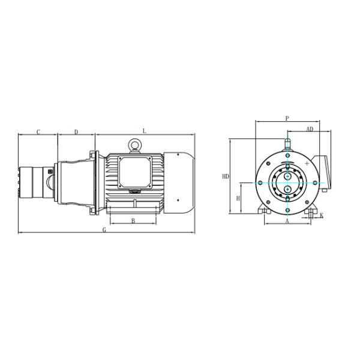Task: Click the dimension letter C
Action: [38, 131]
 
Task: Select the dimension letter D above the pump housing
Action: [76, 131]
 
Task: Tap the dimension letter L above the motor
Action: [144, 131]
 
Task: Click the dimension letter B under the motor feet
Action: [133, 221]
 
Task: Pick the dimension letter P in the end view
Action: [287, 118]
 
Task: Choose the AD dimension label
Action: [310, 129]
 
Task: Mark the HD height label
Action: [226, 176]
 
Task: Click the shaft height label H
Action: [238, 198]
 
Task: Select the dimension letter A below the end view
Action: [287, 221]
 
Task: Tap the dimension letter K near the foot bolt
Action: [322, 215]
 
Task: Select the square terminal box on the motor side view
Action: [134, 170]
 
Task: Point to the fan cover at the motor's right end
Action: [178, 182]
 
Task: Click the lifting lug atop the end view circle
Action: [287, 144]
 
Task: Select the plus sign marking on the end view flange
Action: [307, 163]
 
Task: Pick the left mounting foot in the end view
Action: [265, 211]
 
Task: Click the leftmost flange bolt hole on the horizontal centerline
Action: [260, 182]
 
